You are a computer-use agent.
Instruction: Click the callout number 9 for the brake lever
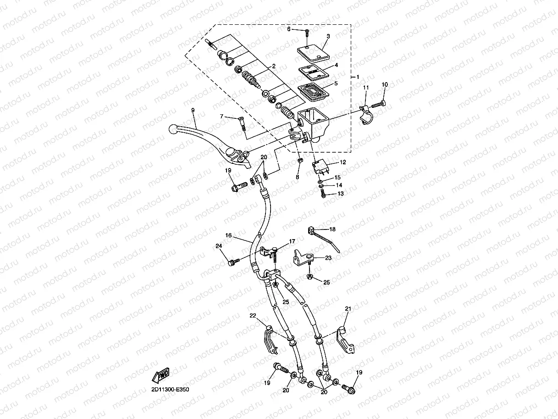[193, 110]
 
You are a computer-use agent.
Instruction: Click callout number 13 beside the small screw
[340, 194]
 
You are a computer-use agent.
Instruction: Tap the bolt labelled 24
[233, 262]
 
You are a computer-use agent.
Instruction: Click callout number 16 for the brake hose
[228, 235]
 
